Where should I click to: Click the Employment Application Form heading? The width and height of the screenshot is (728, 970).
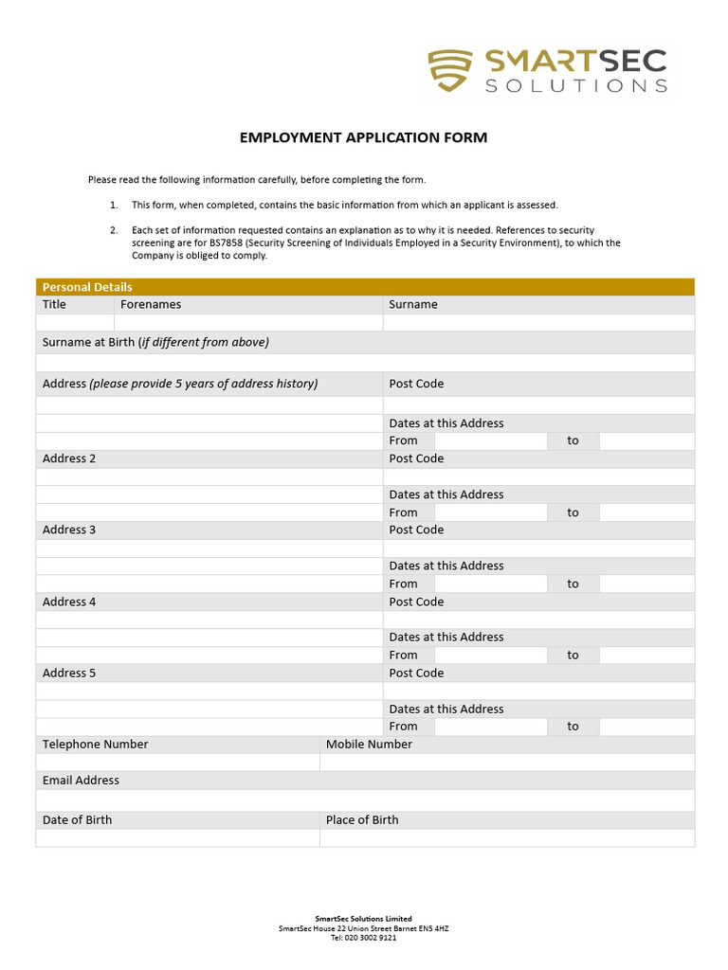click(x=363, y=137)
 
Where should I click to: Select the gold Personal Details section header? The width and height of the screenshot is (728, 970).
click(x=365, y=287)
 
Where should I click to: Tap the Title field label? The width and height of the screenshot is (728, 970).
click(x=55, y=305)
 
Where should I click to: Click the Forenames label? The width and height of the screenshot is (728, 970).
click(x=151, y=305)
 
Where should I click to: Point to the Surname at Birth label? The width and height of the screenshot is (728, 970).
click(x=155, y=342)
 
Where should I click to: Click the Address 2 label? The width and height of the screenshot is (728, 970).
click(x=69, y=458)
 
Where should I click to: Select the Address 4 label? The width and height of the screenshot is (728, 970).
click(x=69, y=602)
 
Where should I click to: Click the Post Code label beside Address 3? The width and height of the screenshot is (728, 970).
click(x=416, y=530)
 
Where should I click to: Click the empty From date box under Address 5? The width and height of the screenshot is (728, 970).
click(x=490, y=727)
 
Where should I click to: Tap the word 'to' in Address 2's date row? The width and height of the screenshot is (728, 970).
click(x=573, y=512)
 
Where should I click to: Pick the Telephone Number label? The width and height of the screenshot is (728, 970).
click(x=95, y=745)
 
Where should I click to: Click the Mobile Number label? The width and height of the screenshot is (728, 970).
click(x=369, y=745)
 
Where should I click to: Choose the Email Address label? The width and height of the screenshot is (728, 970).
click(x=81, y=781)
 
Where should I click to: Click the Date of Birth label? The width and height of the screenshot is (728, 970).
click(x=77, y=820)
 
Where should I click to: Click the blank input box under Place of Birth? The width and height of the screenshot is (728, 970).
click(x=506, y=838)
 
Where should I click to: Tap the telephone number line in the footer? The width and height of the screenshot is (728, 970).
click(x=364, y=938)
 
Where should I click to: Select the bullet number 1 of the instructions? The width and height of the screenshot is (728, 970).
click(x=113, y=205)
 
